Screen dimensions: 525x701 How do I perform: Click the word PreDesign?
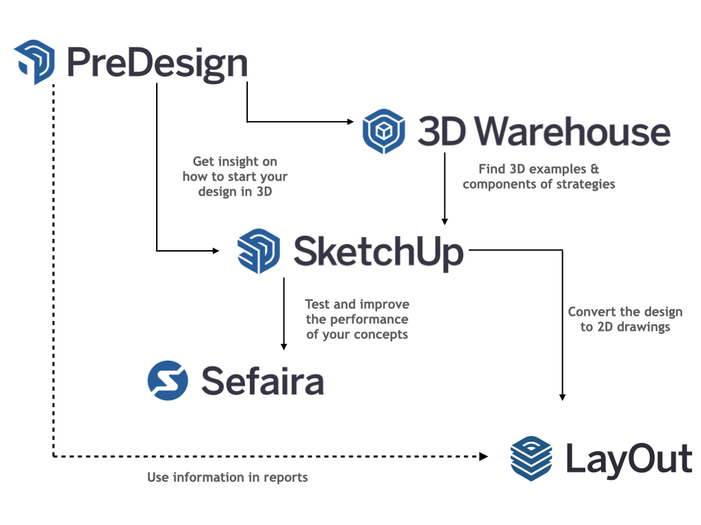(157, 64)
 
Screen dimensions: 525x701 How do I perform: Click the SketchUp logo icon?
(258, 251)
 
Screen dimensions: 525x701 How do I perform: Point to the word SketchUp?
(379, 252)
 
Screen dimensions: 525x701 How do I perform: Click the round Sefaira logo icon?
(168, 380)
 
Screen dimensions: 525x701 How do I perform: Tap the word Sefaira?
(262, 380)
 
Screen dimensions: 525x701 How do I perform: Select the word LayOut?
(628, 458)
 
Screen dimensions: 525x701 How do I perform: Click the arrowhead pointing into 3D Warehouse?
(350, 122)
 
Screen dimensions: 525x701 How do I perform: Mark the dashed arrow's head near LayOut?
(485, 456)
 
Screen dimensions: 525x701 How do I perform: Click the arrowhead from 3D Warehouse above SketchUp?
(445, 221)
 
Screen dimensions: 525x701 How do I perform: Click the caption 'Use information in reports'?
(227, 477)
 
